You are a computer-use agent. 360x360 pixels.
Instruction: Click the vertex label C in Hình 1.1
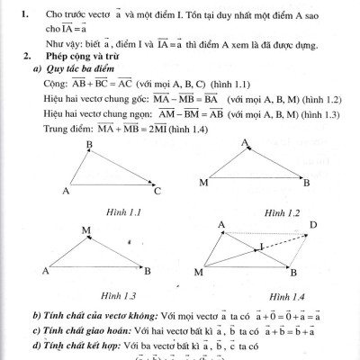pos(156,191)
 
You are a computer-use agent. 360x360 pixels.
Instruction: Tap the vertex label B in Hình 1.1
pos(88,145)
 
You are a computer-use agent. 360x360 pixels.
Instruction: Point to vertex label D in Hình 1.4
pos(312,225)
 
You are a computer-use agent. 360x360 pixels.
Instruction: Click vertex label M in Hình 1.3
pos(85,230)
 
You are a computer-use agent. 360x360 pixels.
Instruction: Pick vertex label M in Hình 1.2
pos(201,184)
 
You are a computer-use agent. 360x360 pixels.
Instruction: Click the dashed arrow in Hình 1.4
pos(282,237)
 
